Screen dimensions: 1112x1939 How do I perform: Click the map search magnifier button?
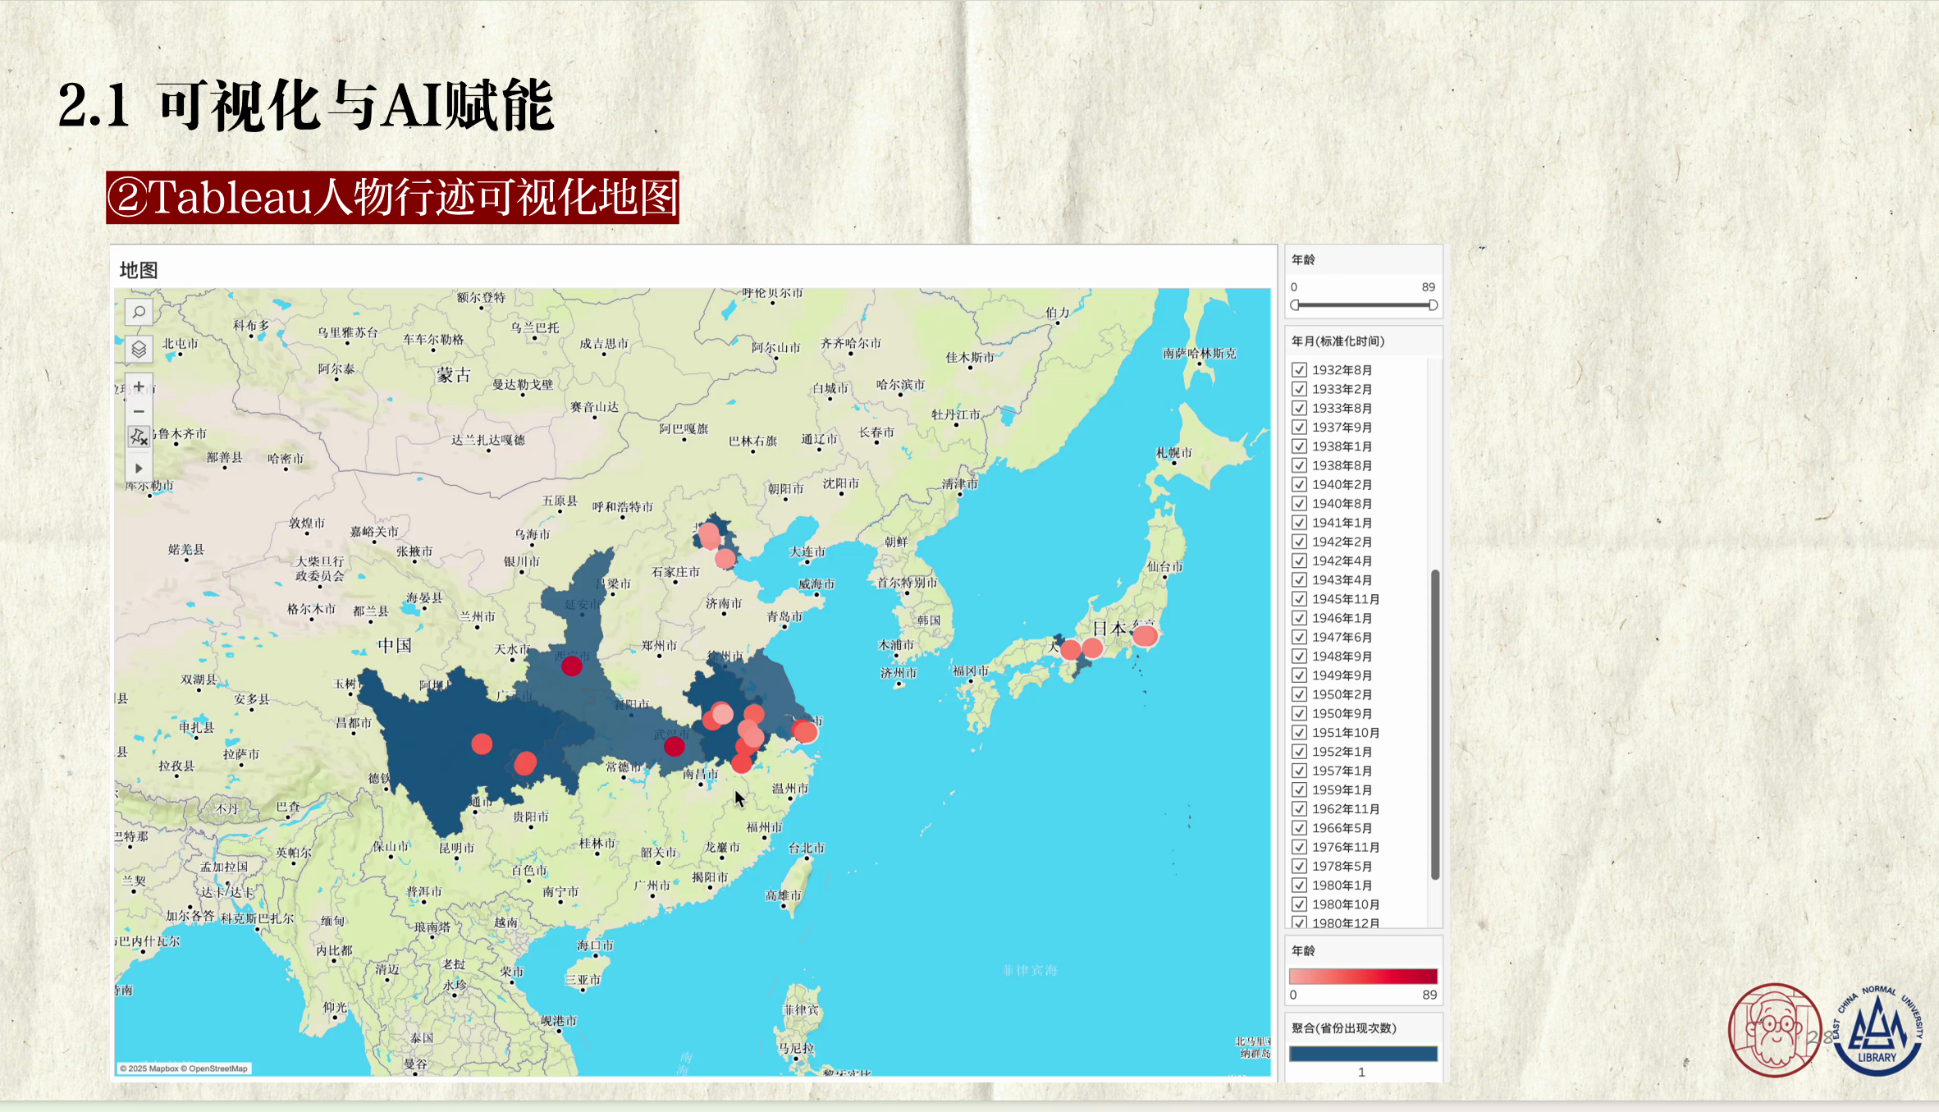pyautogui.click(x=139, y=313)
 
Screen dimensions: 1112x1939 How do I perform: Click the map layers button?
pyautogui.click(x=139, y=350)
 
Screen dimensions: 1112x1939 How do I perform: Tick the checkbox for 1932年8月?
pyautogui.click(x=1299, y=370)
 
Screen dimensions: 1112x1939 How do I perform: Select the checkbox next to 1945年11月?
pyautogui.click(x=1299, y=599)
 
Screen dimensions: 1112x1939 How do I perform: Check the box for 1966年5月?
pyautogui.click(x=1299, y=828)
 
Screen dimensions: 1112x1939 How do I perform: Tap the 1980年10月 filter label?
pyautogui.click(x=1345, y=904)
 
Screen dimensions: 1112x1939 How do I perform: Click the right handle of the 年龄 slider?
pyautogui.click(x=1433, y=305)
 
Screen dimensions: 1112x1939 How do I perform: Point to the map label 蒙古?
pyautogui.click(x=454, y=375)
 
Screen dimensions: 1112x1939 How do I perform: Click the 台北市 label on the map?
pyautogui.click(x=806, y=848)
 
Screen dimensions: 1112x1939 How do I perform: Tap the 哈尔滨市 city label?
pyautogui.click(x=900, y=385)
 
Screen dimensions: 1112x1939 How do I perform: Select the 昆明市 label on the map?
pyautogui.click(x=456, y=848)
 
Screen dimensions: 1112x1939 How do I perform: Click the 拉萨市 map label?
pyautogui.click(x=241, y=754)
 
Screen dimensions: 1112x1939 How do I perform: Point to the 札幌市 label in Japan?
pyautogui.click(x=1173, y=453)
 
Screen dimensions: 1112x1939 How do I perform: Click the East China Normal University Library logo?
pyautogui.click(x=1877, y=1031)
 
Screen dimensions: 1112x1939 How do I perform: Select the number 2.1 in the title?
pyautogui.click(x=94, y=106)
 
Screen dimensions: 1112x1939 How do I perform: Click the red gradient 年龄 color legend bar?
pyautogui.click(x=1363, y=976)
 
